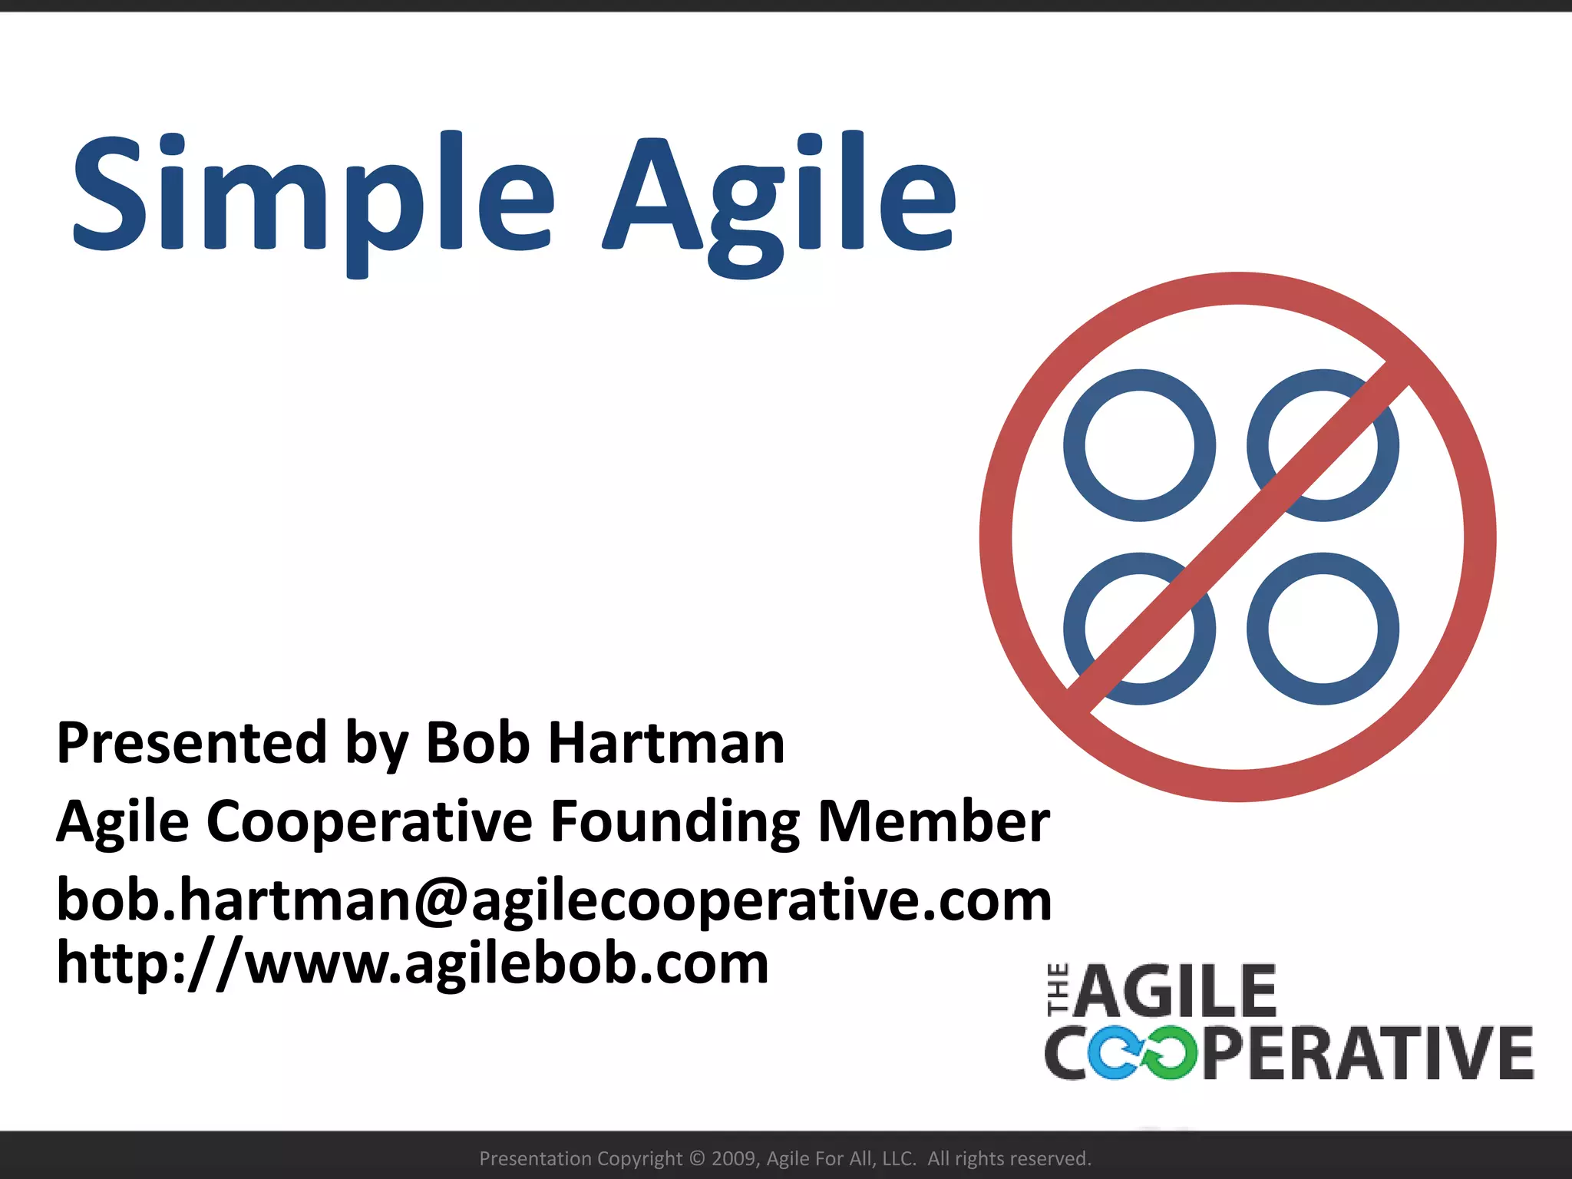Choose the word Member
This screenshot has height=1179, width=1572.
pos(933,821)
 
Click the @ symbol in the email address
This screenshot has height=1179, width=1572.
pos(441,901)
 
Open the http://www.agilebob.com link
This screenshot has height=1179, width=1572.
pos(412,964)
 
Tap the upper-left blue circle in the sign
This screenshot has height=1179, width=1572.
pos(1139,445)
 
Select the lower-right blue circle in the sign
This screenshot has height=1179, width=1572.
pos(1323,629)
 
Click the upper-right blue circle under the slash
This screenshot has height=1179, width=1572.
pos(1323,445)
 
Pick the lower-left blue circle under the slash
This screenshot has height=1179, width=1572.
pos(1139,629)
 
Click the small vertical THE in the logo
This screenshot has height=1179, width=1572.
pos(1058,990)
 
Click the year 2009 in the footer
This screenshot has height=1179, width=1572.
pos(735,1158)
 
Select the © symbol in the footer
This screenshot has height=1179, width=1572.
pos(697,1158)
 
